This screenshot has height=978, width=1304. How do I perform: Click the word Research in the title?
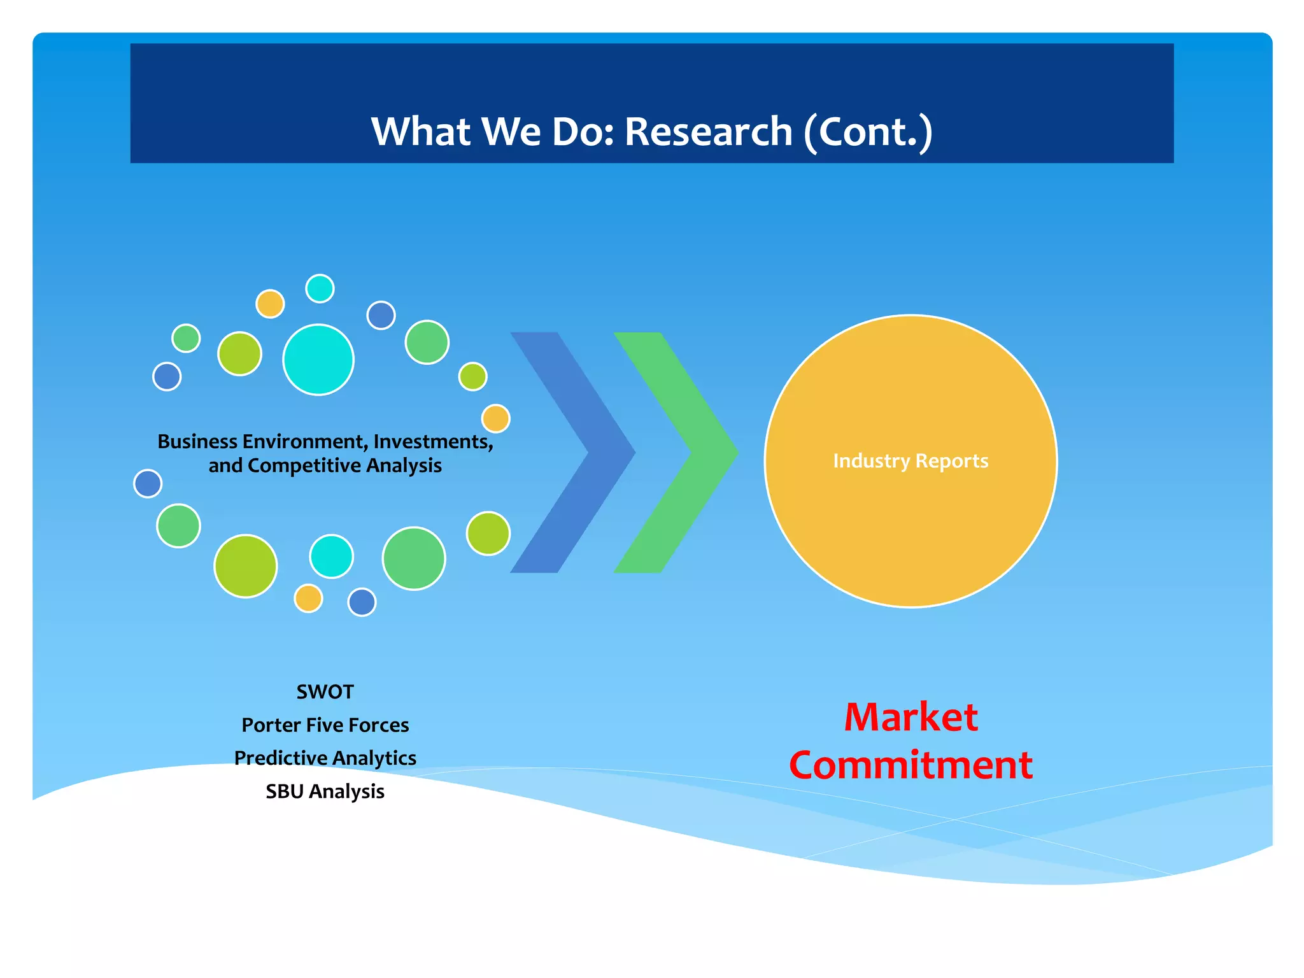708,132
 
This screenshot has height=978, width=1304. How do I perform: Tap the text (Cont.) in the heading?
868,132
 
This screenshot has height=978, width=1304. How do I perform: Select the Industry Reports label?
911,461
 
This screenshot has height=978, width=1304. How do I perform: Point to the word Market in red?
911,718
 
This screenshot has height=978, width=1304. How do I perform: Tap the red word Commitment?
911,765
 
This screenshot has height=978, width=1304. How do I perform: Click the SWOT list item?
325,692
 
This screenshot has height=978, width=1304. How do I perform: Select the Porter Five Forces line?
325,725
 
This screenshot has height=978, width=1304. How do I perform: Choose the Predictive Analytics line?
325,758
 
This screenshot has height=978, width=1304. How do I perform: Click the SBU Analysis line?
325,791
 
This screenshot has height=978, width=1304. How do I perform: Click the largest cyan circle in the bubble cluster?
318,360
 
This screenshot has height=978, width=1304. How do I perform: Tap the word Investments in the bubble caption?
433,442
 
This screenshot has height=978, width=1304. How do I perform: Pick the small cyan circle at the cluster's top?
320,288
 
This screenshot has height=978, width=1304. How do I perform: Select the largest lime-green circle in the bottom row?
246,566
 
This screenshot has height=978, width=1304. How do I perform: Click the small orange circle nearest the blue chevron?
495,419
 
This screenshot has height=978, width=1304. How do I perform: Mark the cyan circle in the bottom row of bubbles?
331,556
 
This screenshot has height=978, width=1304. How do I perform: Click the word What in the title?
420,132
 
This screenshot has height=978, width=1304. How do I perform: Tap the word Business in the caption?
197,442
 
